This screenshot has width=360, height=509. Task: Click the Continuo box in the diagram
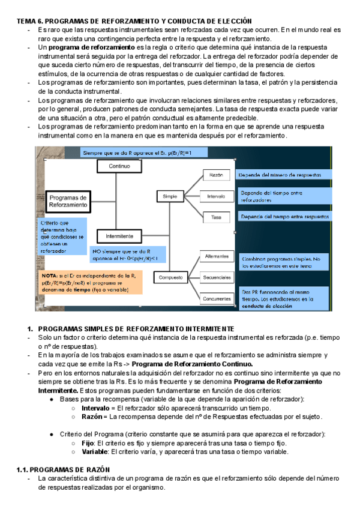119,166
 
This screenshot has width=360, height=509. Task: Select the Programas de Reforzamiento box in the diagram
68,201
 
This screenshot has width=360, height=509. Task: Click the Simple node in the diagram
170,196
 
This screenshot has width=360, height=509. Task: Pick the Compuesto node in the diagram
170,277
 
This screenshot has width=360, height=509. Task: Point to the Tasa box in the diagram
216,216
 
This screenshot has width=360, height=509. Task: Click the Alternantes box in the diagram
216,256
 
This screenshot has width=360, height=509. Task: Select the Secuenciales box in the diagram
216,277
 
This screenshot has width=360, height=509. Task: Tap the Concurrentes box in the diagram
216,298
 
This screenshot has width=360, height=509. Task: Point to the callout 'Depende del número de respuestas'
283,175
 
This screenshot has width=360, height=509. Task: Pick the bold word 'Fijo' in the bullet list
88,442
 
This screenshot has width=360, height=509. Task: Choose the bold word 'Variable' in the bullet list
94,451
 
